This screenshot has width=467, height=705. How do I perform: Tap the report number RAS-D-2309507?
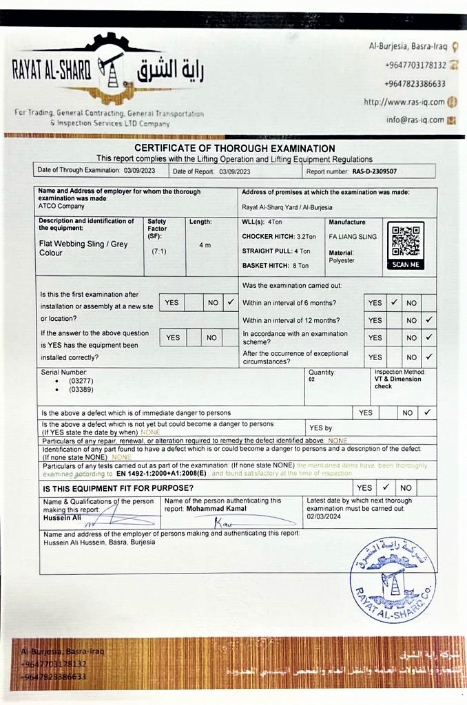374,171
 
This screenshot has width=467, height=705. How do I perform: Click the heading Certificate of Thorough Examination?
235,148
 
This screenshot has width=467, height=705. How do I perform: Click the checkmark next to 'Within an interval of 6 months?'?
394,302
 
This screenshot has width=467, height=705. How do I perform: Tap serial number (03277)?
81,380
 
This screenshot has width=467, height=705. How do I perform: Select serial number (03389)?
81,389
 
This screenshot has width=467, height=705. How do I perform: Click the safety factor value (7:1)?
158,251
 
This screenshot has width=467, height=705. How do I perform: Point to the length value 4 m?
205,245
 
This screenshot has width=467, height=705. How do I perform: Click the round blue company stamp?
393,580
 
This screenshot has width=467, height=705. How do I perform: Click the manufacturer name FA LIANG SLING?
353,236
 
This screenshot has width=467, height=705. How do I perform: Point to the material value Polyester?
342,261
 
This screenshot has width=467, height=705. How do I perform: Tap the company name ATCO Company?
61,206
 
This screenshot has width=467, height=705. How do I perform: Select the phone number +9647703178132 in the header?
415,65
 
